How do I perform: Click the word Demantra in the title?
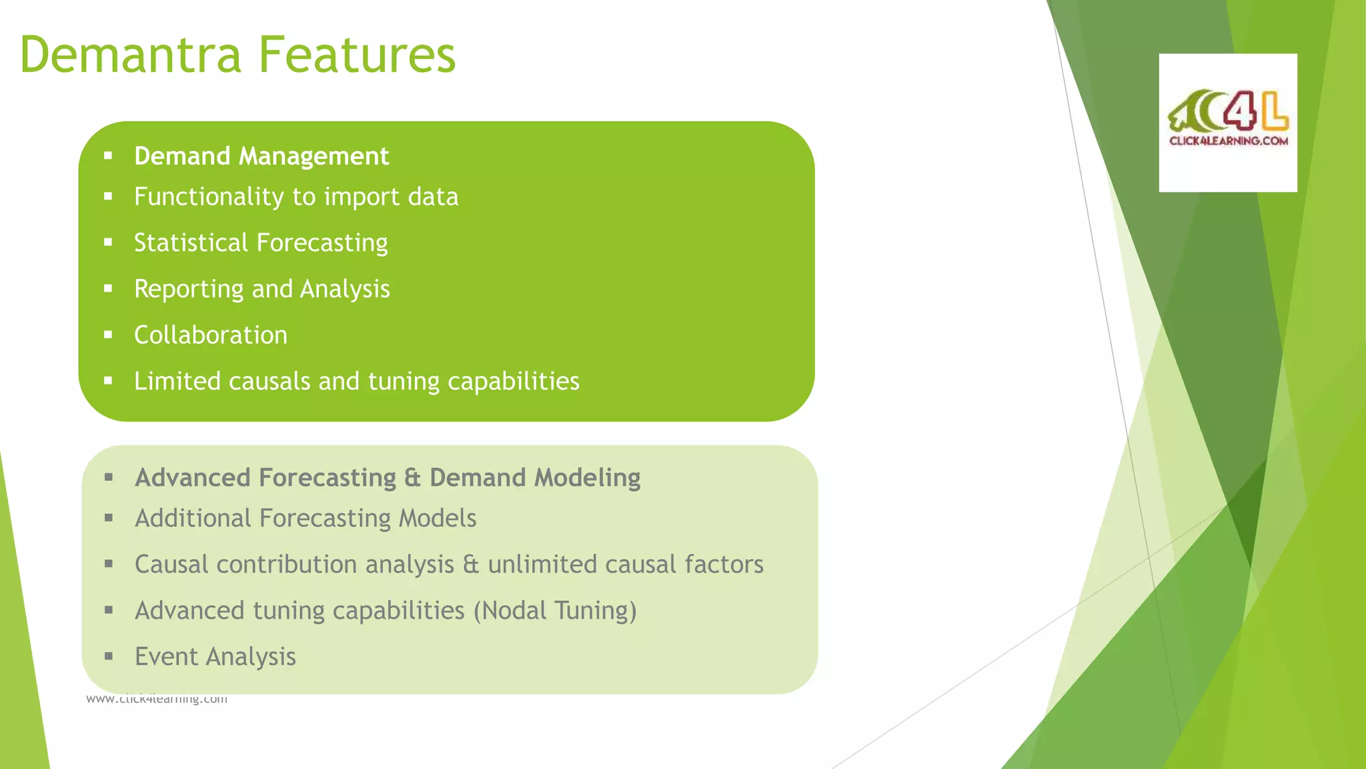tap(131, 55)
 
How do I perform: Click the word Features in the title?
tap(357, 55)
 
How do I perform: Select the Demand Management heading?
tap(261, 156)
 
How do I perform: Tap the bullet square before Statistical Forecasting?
tap(108, 243)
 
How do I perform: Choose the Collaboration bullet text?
tap(211, 335)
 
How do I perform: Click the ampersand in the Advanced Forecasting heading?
tap(412, 478)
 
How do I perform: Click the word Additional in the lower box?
tap(193, 519)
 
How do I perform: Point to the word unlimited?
tap(542, 565)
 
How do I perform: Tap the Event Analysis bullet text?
tap(215, 657)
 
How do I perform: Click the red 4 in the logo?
tap(1240, 111)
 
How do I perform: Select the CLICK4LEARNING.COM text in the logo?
tap(1228, 141)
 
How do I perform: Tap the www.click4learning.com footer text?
tap(157, 700)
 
